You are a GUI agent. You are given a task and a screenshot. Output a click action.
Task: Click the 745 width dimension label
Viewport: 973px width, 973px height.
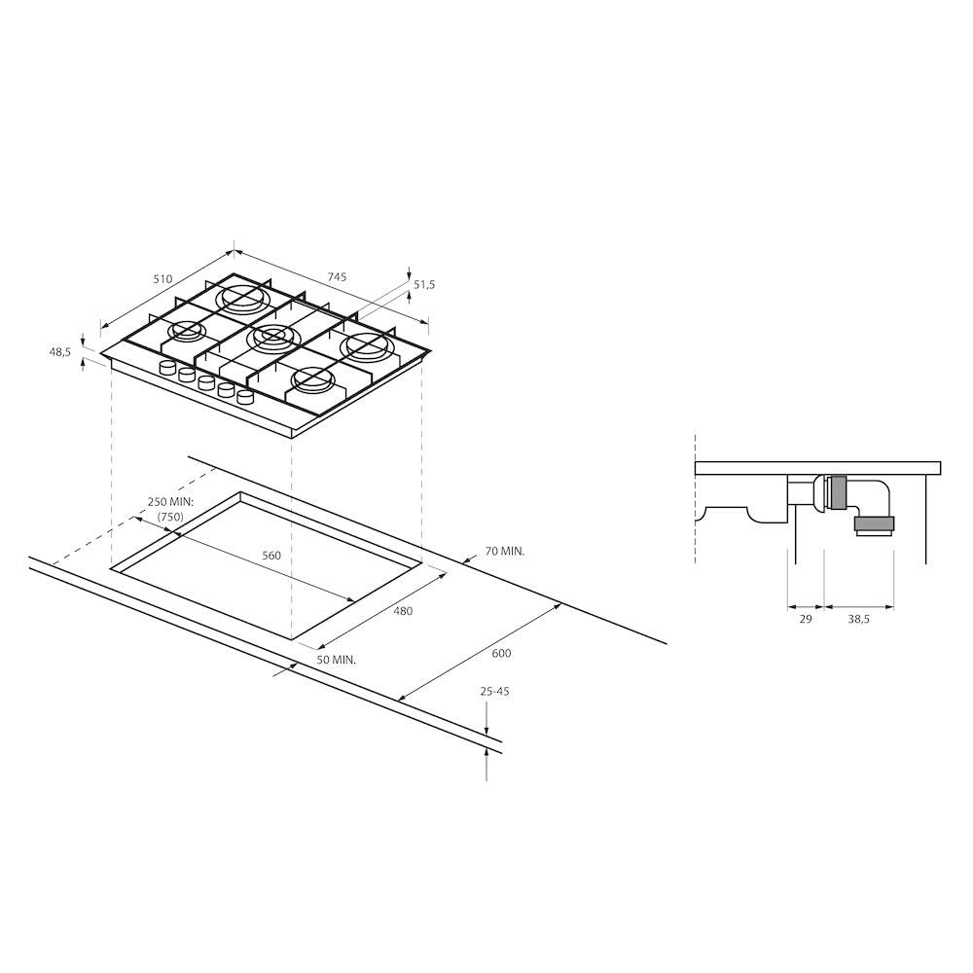337,276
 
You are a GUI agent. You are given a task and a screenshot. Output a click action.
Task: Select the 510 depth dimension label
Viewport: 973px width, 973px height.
162,279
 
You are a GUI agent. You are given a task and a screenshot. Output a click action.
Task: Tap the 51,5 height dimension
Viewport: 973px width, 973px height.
424,285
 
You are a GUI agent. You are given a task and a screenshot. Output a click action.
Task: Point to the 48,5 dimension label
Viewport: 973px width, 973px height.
60,352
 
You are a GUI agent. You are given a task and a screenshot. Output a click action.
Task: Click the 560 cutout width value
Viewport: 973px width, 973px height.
271,556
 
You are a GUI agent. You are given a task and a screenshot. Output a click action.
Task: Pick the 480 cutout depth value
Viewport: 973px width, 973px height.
403,611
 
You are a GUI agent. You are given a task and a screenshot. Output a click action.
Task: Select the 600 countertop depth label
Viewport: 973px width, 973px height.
501,654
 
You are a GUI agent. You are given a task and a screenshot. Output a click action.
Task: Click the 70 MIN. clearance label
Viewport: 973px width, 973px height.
504,551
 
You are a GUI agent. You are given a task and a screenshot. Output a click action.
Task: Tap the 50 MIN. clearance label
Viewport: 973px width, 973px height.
337,660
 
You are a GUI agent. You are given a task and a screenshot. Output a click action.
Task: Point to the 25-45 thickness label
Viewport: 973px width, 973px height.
494,691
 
